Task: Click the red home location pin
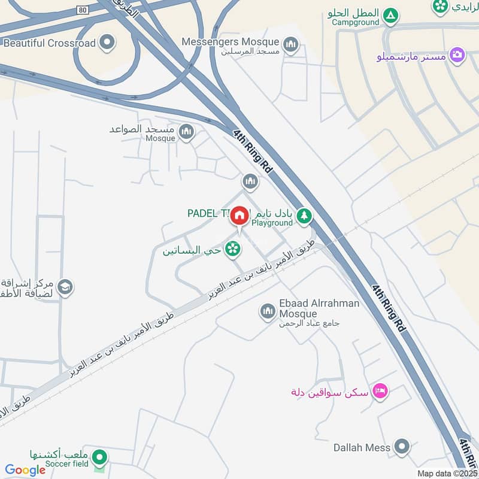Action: click(x=239, y=216)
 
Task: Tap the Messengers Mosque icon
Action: click(x=291, y=44)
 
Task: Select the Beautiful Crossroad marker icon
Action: click(x=107, y=43)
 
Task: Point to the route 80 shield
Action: click(x=83, y=10)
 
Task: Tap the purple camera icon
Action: click(x=457, y=55)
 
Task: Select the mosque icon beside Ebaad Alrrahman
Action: click(x=267, y=311)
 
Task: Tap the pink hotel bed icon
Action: click(x=379, y=392)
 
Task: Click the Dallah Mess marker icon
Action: click(x=402, y=447)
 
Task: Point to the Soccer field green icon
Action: click(x=101, y=458)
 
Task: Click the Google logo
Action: click(x=25, y=470)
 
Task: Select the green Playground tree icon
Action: click(x=305, y=215)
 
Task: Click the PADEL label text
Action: click(x=207, y=214)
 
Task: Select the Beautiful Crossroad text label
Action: click(x=49, y=43)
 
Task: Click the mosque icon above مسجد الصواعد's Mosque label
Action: click(x=187, y=131)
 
